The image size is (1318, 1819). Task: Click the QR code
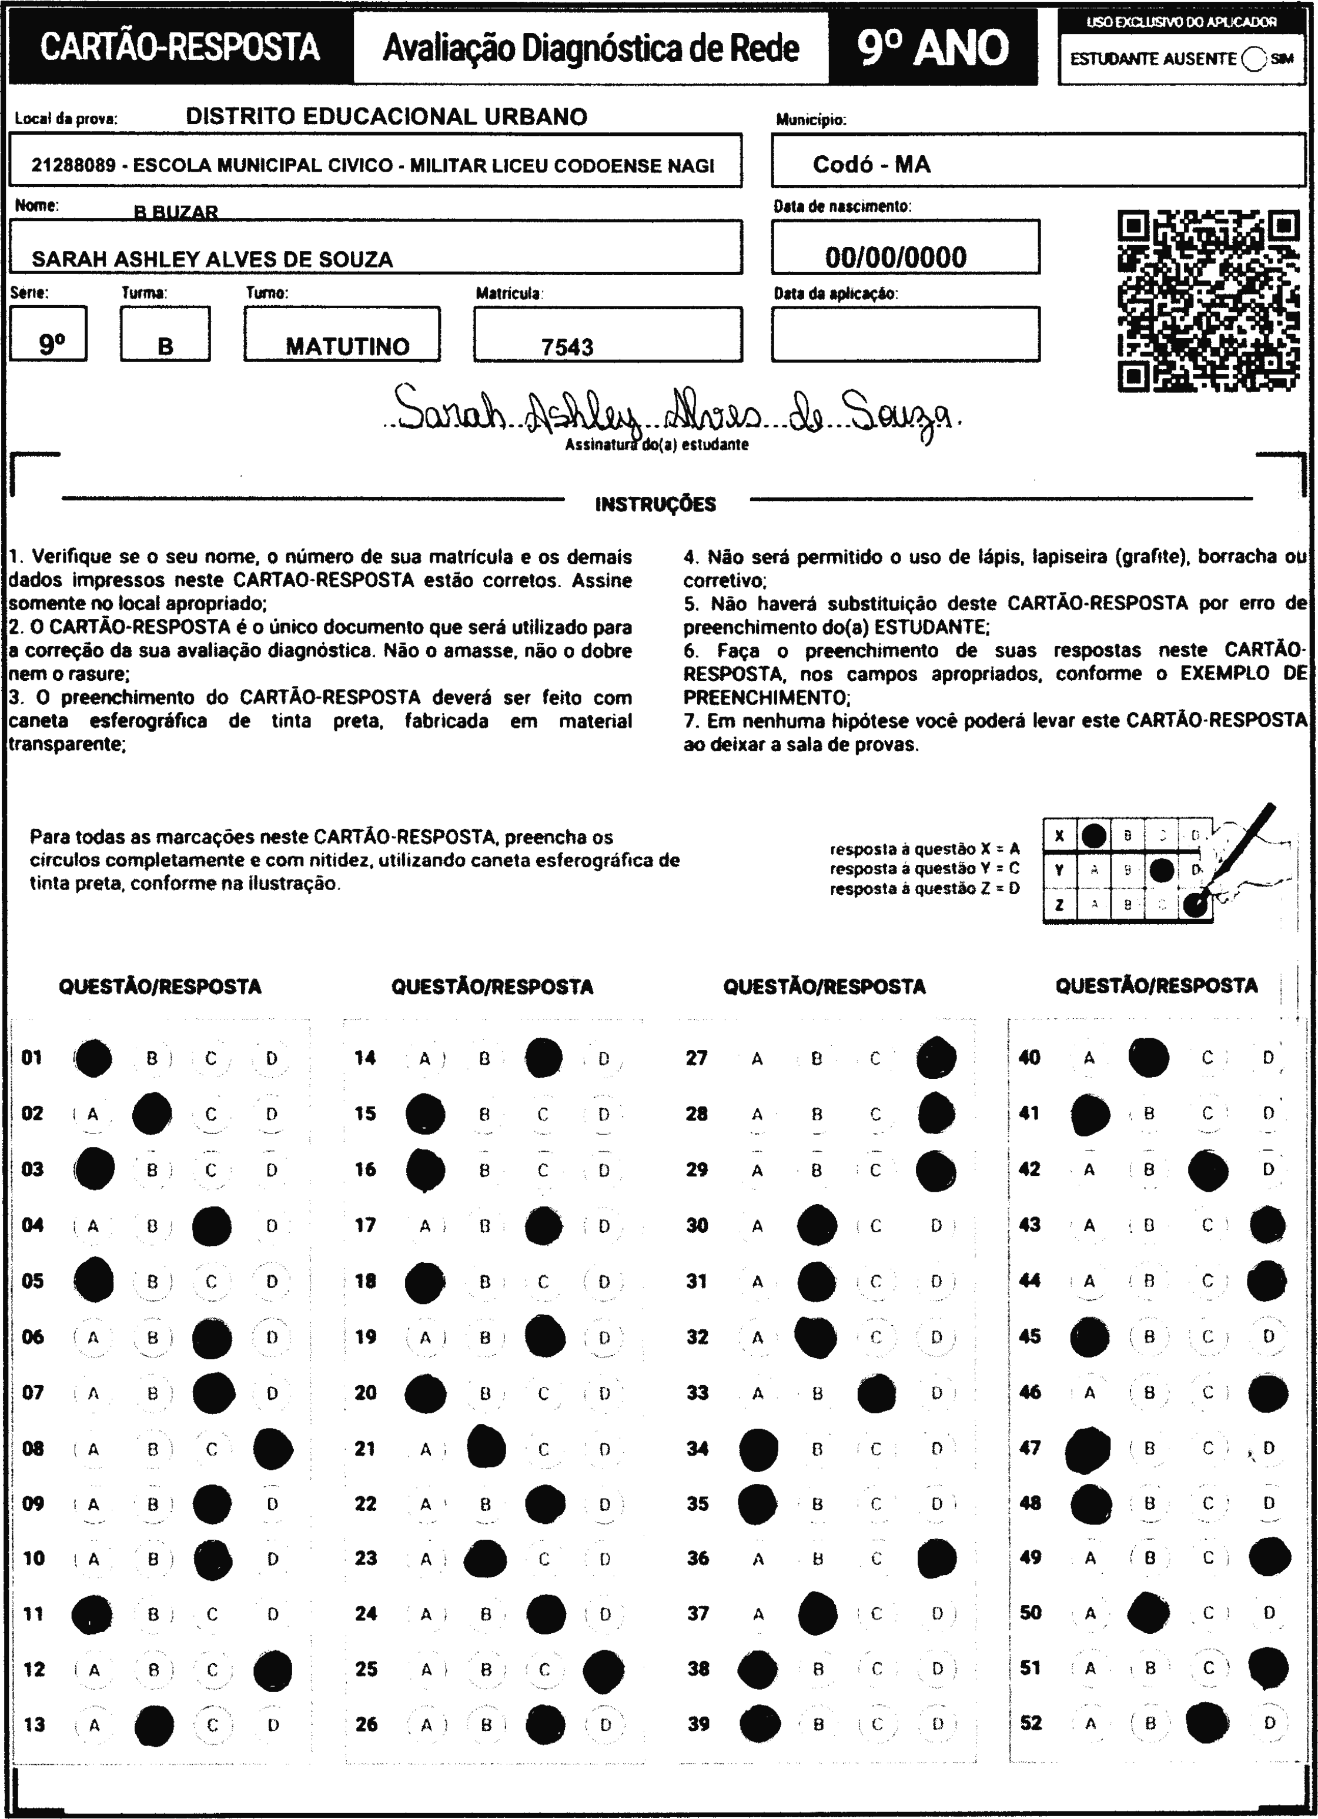click(1208, 301)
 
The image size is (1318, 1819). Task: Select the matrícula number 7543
click(567, 347)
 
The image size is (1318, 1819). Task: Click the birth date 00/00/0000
click(895, 258)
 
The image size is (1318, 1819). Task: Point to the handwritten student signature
click(674, 410)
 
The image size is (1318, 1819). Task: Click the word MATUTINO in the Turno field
click(347, 346)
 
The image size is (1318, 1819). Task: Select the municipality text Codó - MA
click(871, 165)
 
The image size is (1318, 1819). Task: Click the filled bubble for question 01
click(93, 1058)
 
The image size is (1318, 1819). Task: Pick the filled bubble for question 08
click(273, 1449)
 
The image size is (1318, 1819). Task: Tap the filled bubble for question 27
click(936, 1057)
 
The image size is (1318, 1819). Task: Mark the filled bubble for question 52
click(1207, 1724)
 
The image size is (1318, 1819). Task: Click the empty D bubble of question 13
click(273, 1725)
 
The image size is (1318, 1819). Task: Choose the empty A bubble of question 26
click(426, 1725)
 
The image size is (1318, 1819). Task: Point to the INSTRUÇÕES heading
click(655, 504)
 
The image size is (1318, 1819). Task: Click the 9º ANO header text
click(932, 48)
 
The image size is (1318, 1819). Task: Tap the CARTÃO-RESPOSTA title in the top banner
click(180, 48)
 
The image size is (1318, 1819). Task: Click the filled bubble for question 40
click(1148, 1057)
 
